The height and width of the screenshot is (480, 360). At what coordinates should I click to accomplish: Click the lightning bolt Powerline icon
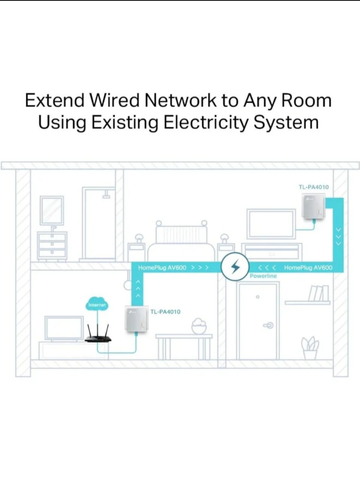click(x=236, y=267)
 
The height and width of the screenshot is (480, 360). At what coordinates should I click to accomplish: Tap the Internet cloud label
click(x=97, y=304)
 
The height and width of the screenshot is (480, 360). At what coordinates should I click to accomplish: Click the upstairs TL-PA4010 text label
click(x=314, y=187)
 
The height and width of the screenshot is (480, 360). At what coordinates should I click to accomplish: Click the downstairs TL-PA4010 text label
click(x=165, y=312)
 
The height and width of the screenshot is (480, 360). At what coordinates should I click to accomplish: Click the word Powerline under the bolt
click(x=263, y=276)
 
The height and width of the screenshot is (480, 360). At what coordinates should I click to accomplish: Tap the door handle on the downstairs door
click(x=269, y=325)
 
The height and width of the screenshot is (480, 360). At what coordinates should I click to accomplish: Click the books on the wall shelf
click(x=319, y=293)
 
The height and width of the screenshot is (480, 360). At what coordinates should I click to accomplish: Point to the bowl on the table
click(x=199, y=326)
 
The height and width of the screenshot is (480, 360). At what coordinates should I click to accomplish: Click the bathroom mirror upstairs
click(x=52, y=210)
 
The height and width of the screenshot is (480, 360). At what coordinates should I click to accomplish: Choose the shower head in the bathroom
click(x=106, y=194)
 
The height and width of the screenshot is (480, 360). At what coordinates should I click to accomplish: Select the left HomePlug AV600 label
click(x=162, y=268)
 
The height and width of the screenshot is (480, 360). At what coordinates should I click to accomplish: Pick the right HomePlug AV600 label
click(x=308, y=268)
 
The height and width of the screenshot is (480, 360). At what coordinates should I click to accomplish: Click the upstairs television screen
click(x=271, y=223)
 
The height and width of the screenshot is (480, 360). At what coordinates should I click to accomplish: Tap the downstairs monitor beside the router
click(x=64, y=328)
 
